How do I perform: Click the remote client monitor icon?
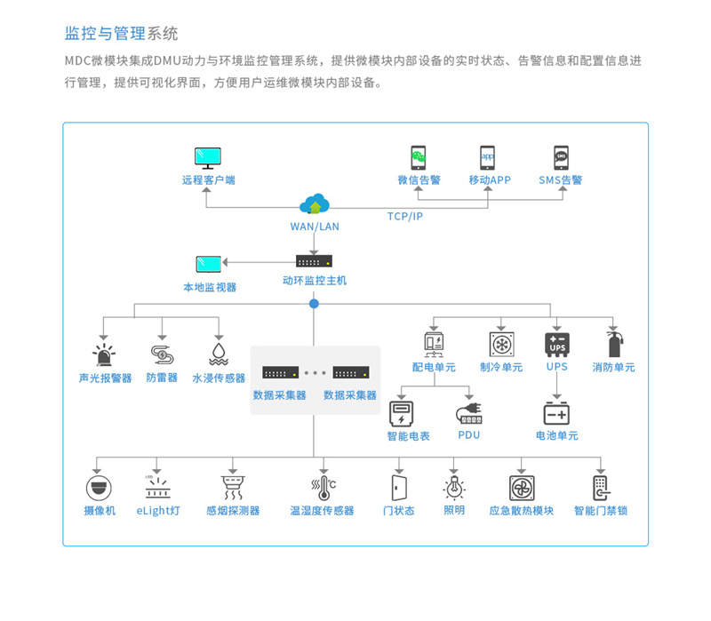(209, 158)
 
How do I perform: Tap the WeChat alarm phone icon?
(419, 157)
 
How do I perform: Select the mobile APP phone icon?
(489, 157)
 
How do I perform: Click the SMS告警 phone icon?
(561, 157)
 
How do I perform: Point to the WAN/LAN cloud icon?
(315, 205)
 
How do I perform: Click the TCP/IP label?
(405, 217)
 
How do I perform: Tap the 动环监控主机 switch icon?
(314, 261)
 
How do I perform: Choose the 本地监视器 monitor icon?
(209, 265)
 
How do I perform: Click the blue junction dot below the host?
(314, 304)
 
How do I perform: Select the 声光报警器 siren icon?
(105, 353)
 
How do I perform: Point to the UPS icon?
(557, 344)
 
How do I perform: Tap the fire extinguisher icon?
(613, 344)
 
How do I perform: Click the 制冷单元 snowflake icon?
(501, 344)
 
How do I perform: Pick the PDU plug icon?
(468, 413)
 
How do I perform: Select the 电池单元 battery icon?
(557, 413)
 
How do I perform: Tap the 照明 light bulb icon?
(454, 488)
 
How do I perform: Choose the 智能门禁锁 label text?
(601, 511)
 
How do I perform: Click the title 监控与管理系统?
(122, 34)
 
